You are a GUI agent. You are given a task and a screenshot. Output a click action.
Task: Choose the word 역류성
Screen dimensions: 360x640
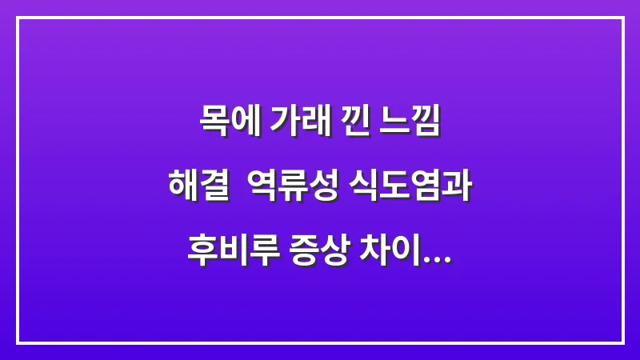coord(299,186)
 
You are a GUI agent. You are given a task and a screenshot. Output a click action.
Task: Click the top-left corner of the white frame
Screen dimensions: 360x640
coord(18,18)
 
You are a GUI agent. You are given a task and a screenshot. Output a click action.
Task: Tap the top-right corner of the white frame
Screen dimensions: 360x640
coord(622,18)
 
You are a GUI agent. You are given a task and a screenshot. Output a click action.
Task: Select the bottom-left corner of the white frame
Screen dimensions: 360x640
coord(18,342)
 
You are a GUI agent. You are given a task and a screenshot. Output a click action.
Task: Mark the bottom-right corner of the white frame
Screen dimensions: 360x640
coord(622,342)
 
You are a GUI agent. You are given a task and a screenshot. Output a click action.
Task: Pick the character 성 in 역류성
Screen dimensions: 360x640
coord(328,186)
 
